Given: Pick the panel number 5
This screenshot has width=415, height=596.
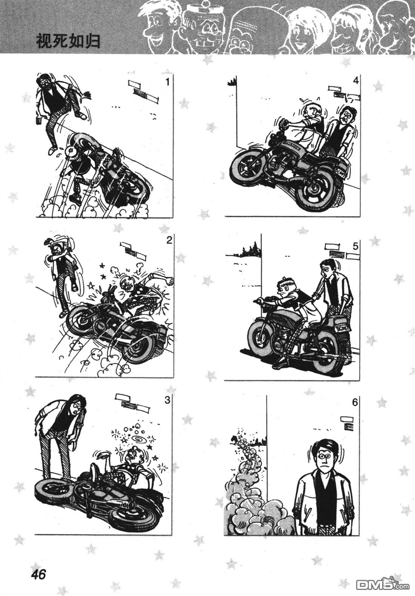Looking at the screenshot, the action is (356, 246).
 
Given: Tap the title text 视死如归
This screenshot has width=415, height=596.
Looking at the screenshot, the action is (68, 42).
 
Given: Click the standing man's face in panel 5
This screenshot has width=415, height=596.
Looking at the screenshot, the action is (326, 271).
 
